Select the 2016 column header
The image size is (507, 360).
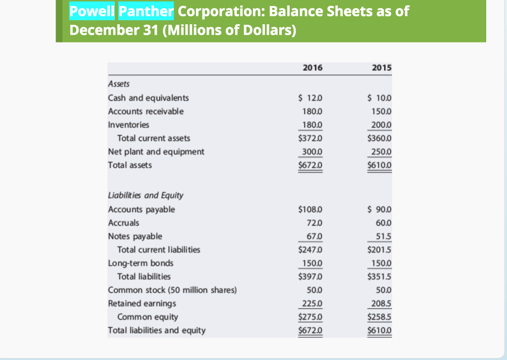[x=312, y=68]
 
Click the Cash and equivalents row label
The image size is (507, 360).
[x=148, y=98]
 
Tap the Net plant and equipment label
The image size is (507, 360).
[x=156, y=152]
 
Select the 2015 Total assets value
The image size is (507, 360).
[x=380, y=165]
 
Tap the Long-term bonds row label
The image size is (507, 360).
[x=141, y=263]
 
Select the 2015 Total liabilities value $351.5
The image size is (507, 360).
[x=380, y=276]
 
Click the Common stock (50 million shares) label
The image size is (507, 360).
[x=172, y=290]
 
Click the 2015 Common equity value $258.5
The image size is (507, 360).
[x=380, y=316]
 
